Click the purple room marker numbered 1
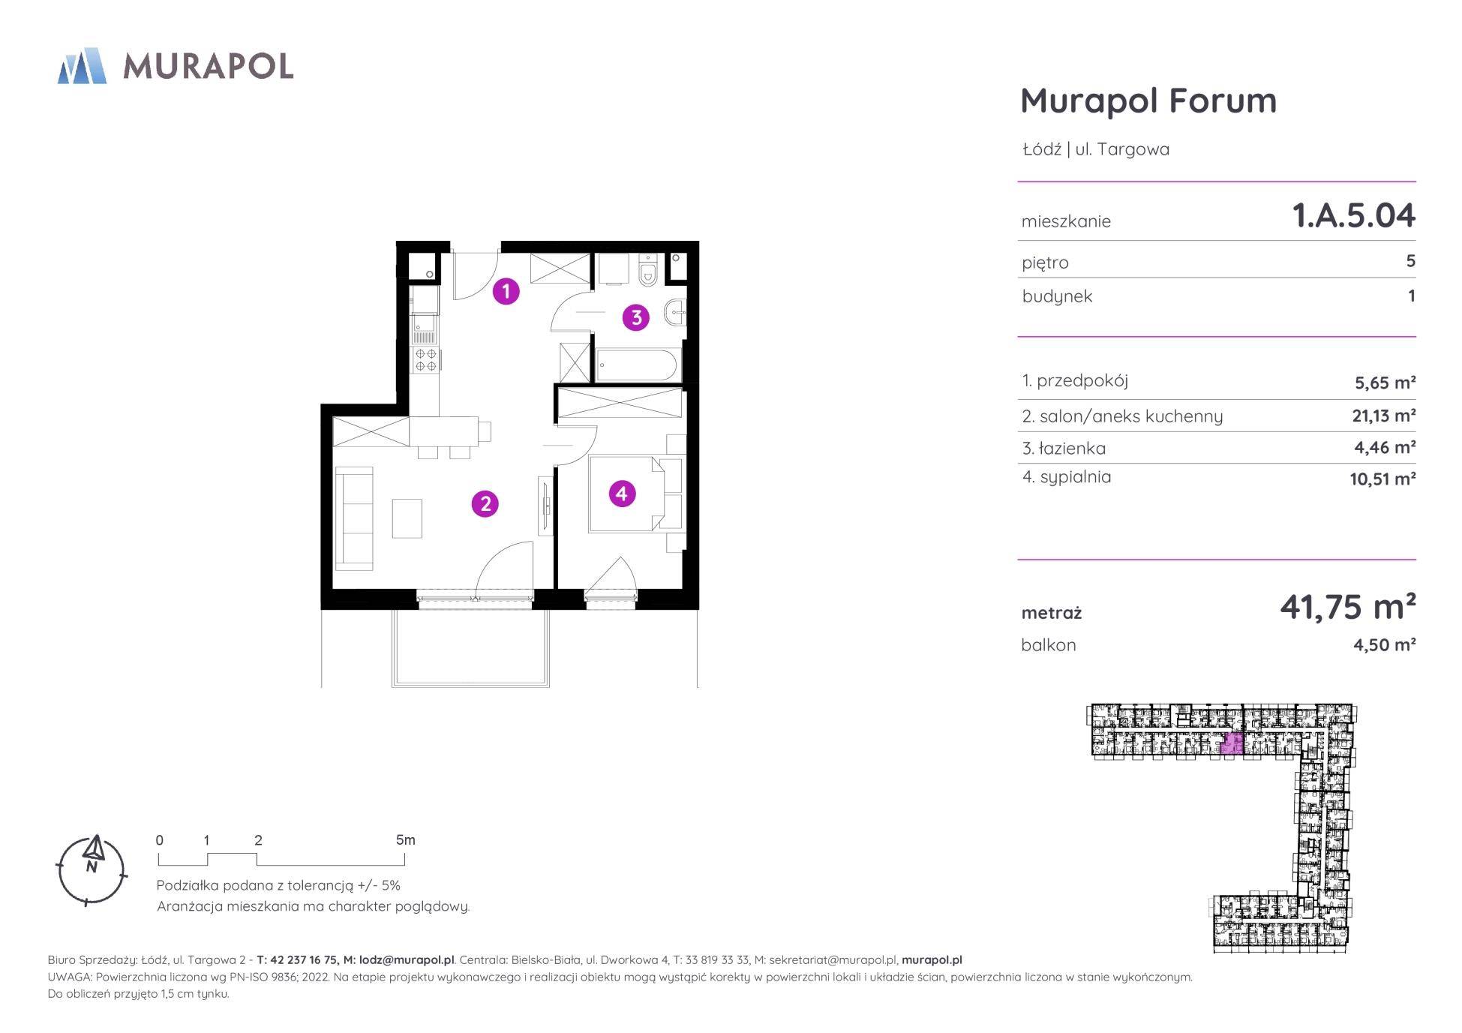pos(506,291)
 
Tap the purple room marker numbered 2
pos(485,503)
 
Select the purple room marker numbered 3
pos(636,317)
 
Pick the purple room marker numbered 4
pos(621,494)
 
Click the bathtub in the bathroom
pos(637,365)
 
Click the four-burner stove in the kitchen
pos(426,360)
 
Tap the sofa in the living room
pos(354,518)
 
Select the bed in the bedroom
pos(626,494)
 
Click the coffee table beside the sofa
pos(407,518)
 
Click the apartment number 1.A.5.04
pos(1353,216)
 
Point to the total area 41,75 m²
pos(1347,607)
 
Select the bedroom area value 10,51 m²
pos(1382,479)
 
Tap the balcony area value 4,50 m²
pos(1384,644)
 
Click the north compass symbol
pos(92,869)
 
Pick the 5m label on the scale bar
pos(405,840)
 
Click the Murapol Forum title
pos(1148,101)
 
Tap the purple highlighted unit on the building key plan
pos(1232,744)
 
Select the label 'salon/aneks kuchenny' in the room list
pos(1130,416)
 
